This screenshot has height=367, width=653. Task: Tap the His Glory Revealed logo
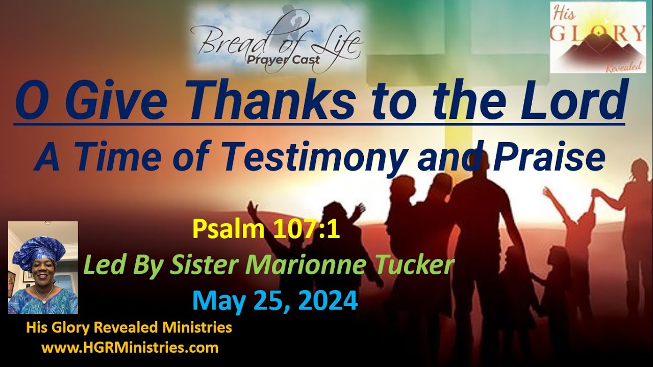[x=598, y=38]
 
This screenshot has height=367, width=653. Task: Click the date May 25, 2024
[x=275, y=301]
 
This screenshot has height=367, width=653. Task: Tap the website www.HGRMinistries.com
[x=130, y=348]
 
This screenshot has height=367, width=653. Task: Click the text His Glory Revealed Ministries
[x=129, y=328]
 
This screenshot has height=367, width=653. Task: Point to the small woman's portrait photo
[x=43, y=268]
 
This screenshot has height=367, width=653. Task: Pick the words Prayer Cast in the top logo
[x=290, y=60]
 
